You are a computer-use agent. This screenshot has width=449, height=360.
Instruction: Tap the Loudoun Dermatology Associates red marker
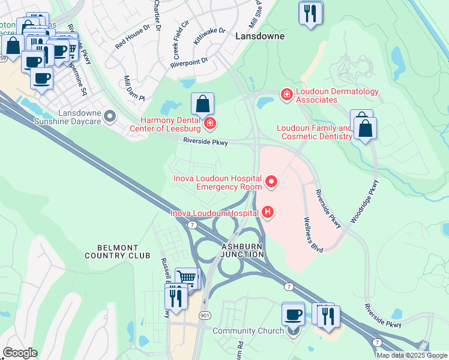[286, 95]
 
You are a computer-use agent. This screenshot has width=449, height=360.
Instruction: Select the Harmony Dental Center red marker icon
[209, 124]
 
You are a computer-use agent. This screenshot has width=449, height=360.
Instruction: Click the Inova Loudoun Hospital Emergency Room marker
[271, 181]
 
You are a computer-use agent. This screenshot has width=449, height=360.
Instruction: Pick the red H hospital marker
[268, 212]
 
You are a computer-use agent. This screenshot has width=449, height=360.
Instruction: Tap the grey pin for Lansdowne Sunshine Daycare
[109, 115]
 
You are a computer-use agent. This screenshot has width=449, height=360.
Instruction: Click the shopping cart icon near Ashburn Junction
[187, 278]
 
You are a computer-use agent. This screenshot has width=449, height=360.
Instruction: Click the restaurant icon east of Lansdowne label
[310, 13]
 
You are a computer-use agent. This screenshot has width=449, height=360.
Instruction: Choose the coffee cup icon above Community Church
[293, 314]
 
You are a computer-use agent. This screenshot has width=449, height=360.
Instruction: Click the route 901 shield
[205, 316]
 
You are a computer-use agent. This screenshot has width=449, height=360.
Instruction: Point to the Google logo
[20, 353]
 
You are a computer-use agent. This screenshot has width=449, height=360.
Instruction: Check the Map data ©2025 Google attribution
[412, 355]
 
